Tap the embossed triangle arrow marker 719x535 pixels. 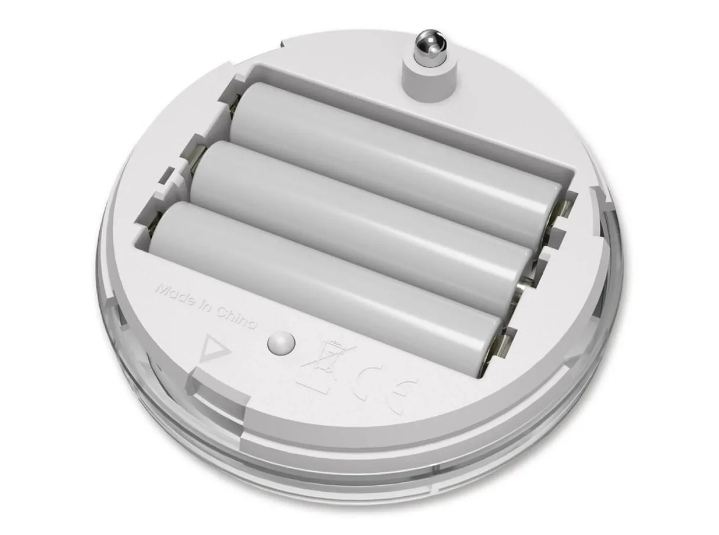214,349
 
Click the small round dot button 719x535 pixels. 281,343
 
